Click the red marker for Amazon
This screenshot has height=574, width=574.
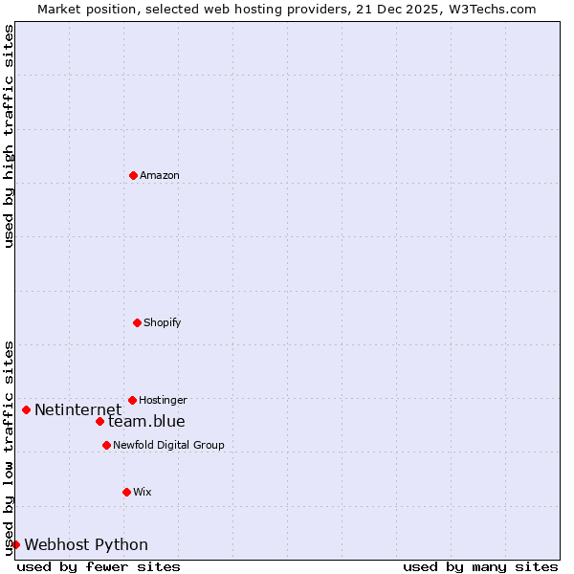pyautogui.click(x=133, y=175)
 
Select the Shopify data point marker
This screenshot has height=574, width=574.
pyautogui.click(x=137, y=322)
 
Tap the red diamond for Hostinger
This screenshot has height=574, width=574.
pyautogui.click(x=132, y=400)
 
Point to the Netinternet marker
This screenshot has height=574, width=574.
pyautogui.click(x=26, y=410)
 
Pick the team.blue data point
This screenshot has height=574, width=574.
pyautogui.click(x=99, y=422)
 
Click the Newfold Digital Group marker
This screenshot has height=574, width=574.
pyautogui.click(x=106, y=445)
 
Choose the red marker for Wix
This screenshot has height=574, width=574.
pyautogui.click(x=126, y=492)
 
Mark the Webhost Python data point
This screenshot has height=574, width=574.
pyautogui.click(x=15, y=544)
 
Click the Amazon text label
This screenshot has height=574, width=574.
pyautogui.click(x=160, y=176)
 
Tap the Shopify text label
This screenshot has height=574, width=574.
pyautogui.click(x=163, y=323)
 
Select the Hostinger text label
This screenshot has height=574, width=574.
pyautogui.click(x=163, y=401)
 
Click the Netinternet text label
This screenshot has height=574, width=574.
pyautogui.click(x=78, y=410)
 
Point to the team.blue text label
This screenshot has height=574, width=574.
pyautogui.click(x=146, y=422)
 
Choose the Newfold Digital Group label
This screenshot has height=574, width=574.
pyautogui.click(x=168, y=446)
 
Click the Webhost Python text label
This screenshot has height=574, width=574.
pyautogui.click(x=86, y=545)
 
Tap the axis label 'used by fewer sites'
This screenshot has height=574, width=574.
pyautogui.click(x=99, y=566)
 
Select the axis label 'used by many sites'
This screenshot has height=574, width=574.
pyautogui.click(x=480, y=566)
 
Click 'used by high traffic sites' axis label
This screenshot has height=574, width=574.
pyautogui.click(x=10, y=136)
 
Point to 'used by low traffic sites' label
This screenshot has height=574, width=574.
pyautogui.click(x=10, y=448)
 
